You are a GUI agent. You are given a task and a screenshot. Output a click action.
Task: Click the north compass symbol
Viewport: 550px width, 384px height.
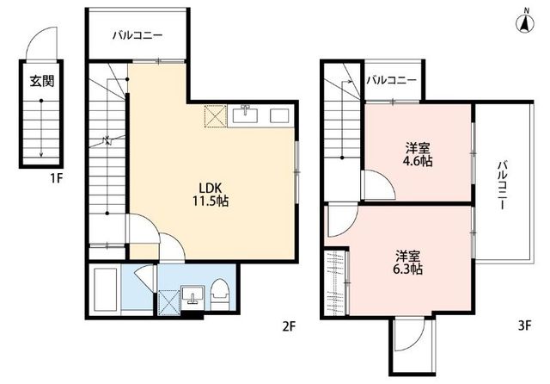[x=525, y=23]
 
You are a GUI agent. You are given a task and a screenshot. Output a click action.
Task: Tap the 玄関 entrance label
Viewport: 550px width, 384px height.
[x=41, y=82]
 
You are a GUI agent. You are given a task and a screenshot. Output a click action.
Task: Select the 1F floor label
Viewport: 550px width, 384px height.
[x=56, y=179]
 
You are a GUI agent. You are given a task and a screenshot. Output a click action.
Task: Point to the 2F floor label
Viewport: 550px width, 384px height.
[x=290, y=326]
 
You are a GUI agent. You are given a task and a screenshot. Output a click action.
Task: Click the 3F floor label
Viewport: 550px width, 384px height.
[x=525, y=326]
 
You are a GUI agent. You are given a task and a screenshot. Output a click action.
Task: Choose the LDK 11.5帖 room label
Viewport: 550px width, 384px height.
[x=210, y=195]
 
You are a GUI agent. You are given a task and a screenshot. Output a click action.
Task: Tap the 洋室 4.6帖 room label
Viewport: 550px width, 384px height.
[x=418, y=155]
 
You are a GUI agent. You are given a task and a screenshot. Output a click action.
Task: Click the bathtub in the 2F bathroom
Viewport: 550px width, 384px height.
[x=105, y=290]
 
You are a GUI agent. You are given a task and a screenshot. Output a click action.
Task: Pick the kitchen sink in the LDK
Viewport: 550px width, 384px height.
[x=246, y=115]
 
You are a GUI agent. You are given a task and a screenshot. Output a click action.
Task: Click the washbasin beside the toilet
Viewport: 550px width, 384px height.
[x=192, y=294]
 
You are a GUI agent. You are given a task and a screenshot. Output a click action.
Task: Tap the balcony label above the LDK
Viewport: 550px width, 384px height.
[x=137, y=35]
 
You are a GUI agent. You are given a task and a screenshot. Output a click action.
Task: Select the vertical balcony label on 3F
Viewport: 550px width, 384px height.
[x=503, y=185]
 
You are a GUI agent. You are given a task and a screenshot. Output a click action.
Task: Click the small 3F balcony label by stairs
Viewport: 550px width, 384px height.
[x=392, y=80]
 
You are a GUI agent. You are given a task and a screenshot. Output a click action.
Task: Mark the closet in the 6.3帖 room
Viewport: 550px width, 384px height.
[x=336, y=282]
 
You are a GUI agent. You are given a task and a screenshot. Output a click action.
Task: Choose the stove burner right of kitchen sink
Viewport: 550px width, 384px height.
[x=279, y=115]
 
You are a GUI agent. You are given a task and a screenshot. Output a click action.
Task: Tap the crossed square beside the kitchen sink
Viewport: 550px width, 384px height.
[x=215, y=116]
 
